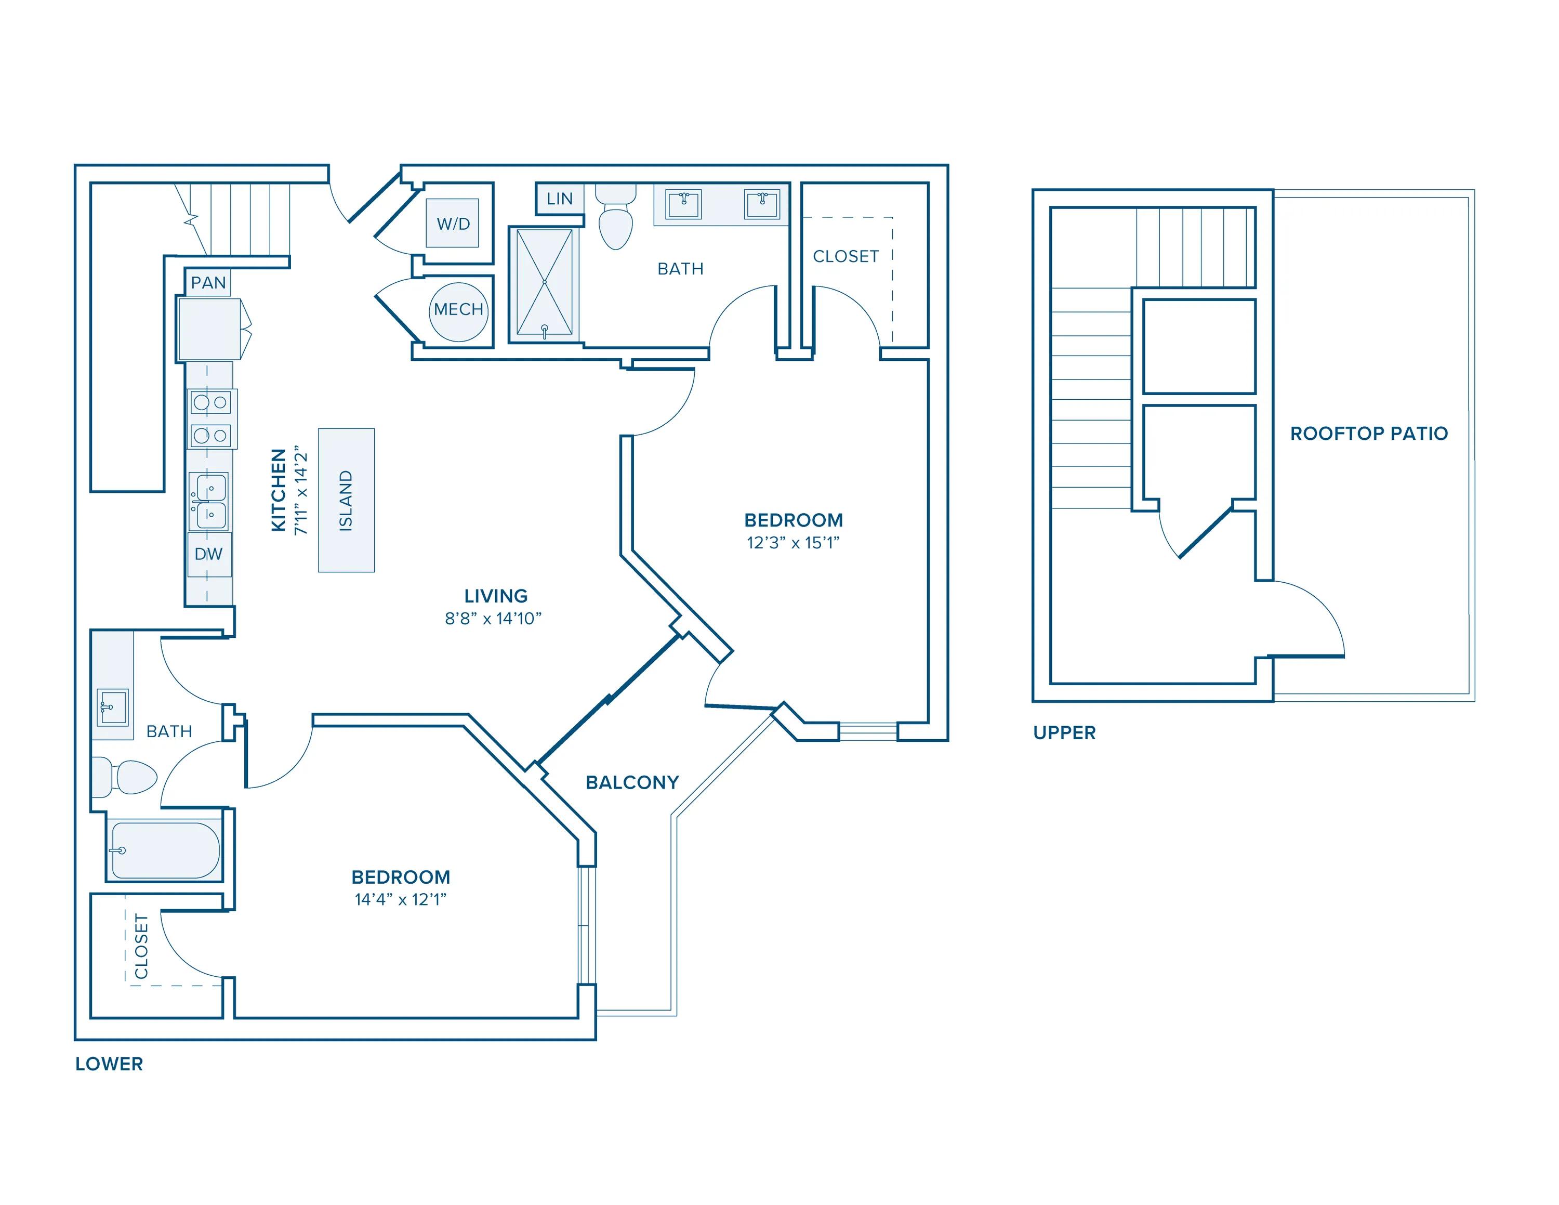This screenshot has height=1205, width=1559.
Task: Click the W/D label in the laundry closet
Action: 453,224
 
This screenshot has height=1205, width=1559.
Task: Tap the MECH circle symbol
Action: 458,310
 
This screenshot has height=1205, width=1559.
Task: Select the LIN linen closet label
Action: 560,199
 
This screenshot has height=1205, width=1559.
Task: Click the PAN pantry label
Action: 208,283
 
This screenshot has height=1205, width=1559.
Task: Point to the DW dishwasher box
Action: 209,554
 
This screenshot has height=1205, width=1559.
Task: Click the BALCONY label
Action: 632,782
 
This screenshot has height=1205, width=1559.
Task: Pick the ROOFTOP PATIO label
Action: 1368,434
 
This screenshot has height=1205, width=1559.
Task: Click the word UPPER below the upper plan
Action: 1064,732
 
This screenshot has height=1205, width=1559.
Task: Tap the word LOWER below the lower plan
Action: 109,1064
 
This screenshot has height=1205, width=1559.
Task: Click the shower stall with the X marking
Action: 545,283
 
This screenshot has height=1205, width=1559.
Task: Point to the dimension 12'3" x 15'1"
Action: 793,543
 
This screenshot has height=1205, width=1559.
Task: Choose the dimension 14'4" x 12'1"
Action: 401,899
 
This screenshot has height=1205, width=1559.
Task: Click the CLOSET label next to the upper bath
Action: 846,256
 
